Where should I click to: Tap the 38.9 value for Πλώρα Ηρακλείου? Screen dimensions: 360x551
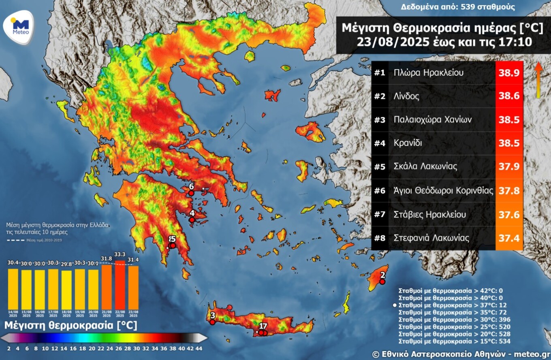click(x=509, y=73)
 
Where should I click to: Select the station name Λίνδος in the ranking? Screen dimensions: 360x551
click(x=406, y=96)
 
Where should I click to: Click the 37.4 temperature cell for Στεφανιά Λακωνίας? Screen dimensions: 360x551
click(x=509, y=238)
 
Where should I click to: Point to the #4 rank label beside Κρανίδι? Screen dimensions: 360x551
click(x=380, y=143)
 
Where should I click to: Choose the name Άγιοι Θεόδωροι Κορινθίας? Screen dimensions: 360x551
click(x=443, y=191)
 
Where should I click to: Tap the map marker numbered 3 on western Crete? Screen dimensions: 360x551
click(x=212, y=322)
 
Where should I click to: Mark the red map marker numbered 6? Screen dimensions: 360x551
click(x=191, y=193)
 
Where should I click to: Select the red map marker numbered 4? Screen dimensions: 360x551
click(x=192, y=219)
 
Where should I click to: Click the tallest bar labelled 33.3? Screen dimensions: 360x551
click(x=120, y=285)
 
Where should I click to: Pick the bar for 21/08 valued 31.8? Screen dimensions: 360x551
click(x=107, y=287)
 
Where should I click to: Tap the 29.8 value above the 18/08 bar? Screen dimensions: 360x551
click(x=66, y=263)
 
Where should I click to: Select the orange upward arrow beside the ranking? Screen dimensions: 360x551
click(x=538, y=79)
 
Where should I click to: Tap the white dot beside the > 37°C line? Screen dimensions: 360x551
click(x=395, y=305)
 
